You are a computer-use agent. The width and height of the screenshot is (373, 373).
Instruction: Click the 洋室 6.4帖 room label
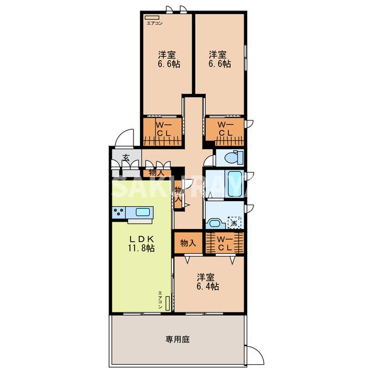[x=207, y=281]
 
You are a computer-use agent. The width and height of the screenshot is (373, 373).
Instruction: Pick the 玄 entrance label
[x=125, y=157]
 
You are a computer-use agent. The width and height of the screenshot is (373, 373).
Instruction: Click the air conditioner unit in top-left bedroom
[x=152, y=17]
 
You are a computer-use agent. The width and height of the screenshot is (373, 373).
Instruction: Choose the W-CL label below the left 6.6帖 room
[x=163, y=129]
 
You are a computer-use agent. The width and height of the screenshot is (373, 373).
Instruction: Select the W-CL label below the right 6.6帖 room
[x=226, y=129]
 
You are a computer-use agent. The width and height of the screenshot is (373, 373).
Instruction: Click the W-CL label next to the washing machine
[x=225, y=243]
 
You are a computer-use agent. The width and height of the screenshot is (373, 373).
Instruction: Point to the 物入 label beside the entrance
[x=156, y=172]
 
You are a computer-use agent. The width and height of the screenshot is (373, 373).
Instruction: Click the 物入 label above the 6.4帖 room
[x=187, y=242]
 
